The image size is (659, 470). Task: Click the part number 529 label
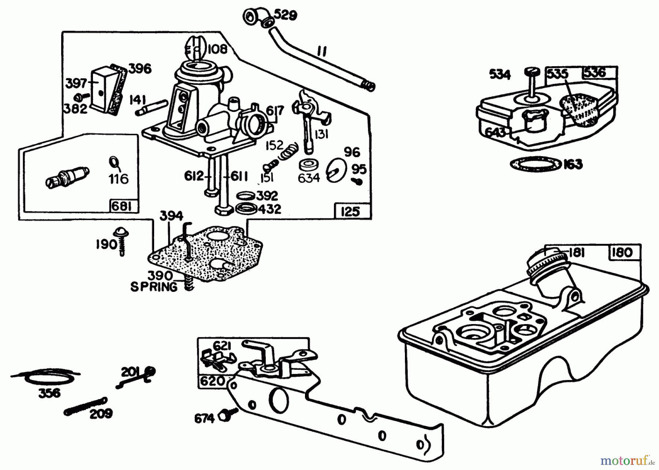286,15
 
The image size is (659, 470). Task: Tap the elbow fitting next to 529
257,17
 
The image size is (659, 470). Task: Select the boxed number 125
350,211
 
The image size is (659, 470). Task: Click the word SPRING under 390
154,287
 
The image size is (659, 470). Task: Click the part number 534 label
500,75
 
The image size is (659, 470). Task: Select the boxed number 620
212,381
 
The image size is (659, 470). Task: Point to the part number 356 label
50,393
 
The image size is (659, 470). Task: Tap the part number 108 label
217,49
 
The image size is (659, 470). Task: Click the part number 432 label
269,209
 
